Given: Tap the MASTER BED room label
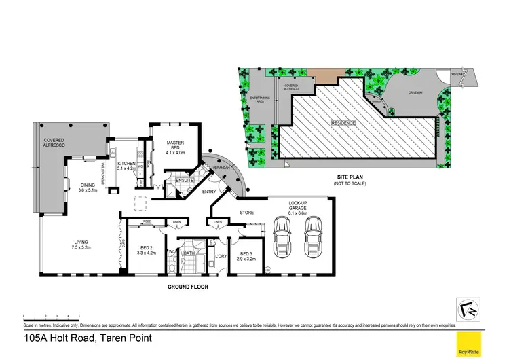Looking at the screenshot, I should [176, 147].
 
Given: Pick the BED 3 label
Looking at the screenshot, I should [246, 255].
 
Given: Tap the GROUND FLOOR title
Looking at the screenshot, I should [187, 287].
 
